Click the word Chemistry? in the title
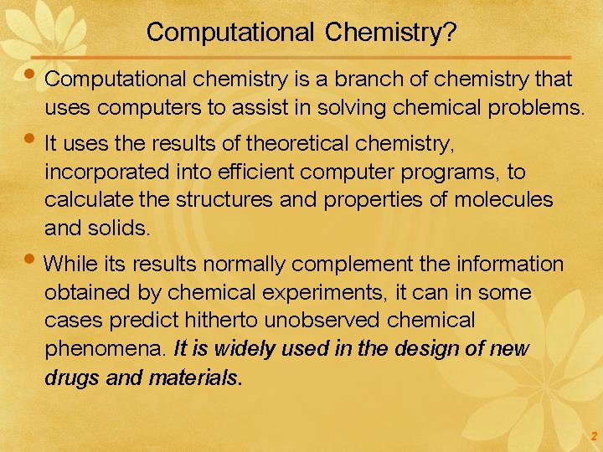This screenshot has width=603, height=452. pyautogui.click(x=391, y=33)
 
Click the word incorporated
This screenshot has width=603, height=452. pyautogui.click(x=101, y=172)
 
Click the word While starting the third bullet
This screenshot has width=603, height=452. pyautogui.click(x=69, y=265)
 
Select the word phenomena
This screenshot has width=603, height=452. pyautogui.click(x=105, y=349)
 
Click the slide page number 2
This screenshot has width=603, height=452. pyautogui.click(x=593, y=436)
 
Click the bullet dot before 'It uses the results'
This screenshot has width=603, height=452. pyautogui.click(x=34, y=141)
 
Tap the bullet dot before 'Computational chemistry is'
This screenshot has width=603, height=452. pyautogui.click(x=34, y=75)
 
